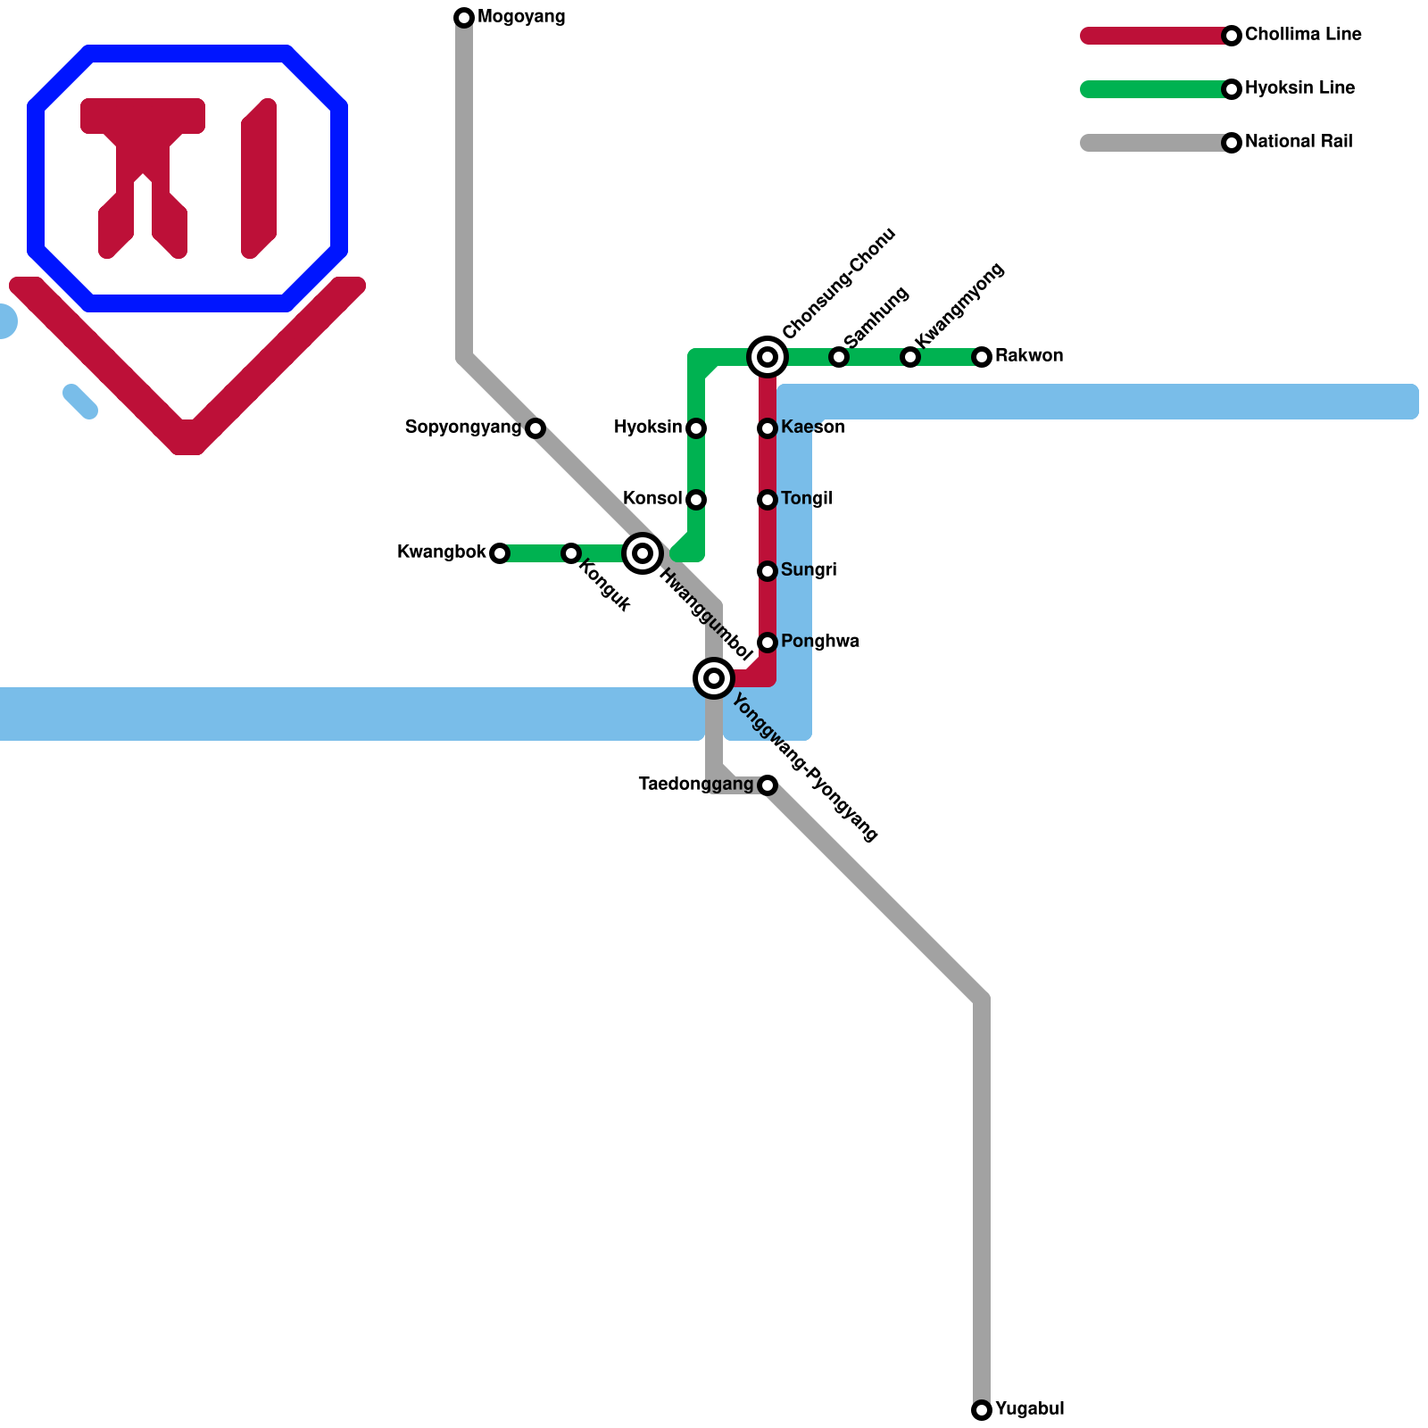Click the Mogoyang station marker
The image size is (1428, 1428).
pyautogui.click(x=464, y=18)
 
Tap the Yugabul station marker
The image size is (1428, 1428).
pyautogui.click(x=982, y=1410)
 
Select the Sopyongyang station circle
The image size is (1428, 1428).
pyautogui.click(x=535, y=428)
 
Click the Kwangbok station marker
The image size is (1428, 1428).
pyautogui.click(x=500, y=553)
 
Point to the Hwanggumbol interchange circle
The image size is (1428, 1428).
pyautogui.click(x=643, y=553)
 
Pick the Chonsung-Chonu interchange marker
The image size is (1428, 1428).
pyautogui.click(x=768, y=357)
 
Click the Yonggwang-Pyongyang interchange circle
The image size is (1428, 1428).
pyautogui.click(x=714, y=678)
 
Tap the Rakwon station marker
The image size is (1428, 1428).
pyautogui.click(x=982, y=357)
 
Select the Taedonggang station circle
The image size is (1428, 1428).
pyautogui.click(x=768, y=785)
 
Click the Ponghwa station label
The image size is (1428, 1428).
pyautogui.click(x=819, y=642)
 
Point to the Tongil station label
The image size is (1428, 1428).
pyautogui.click(x=806, y=499)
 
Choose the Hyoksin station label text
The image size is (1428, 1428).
pyautogui.click(x=648, y=428)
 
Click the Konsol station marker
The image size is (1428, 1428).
pyautogui.click(x=696, y=500)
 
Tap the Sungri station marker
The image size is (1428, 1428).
pyautogui.click(x=768, y=571)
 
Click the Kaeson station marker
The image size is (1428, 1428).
pyautogui.click(x=768, y=428)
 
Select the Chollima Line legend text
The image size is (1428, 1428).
pyautogui.click(x=1303, y=35)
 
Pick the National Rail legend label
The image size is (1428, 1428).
pyautogui.click(x=1299, y=142)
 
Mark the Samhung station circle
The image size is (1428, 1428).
pyautogui.click(x=839, y=357)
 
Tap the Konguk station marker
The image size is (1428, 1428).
pyautogui.click(x=571, y=553)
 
